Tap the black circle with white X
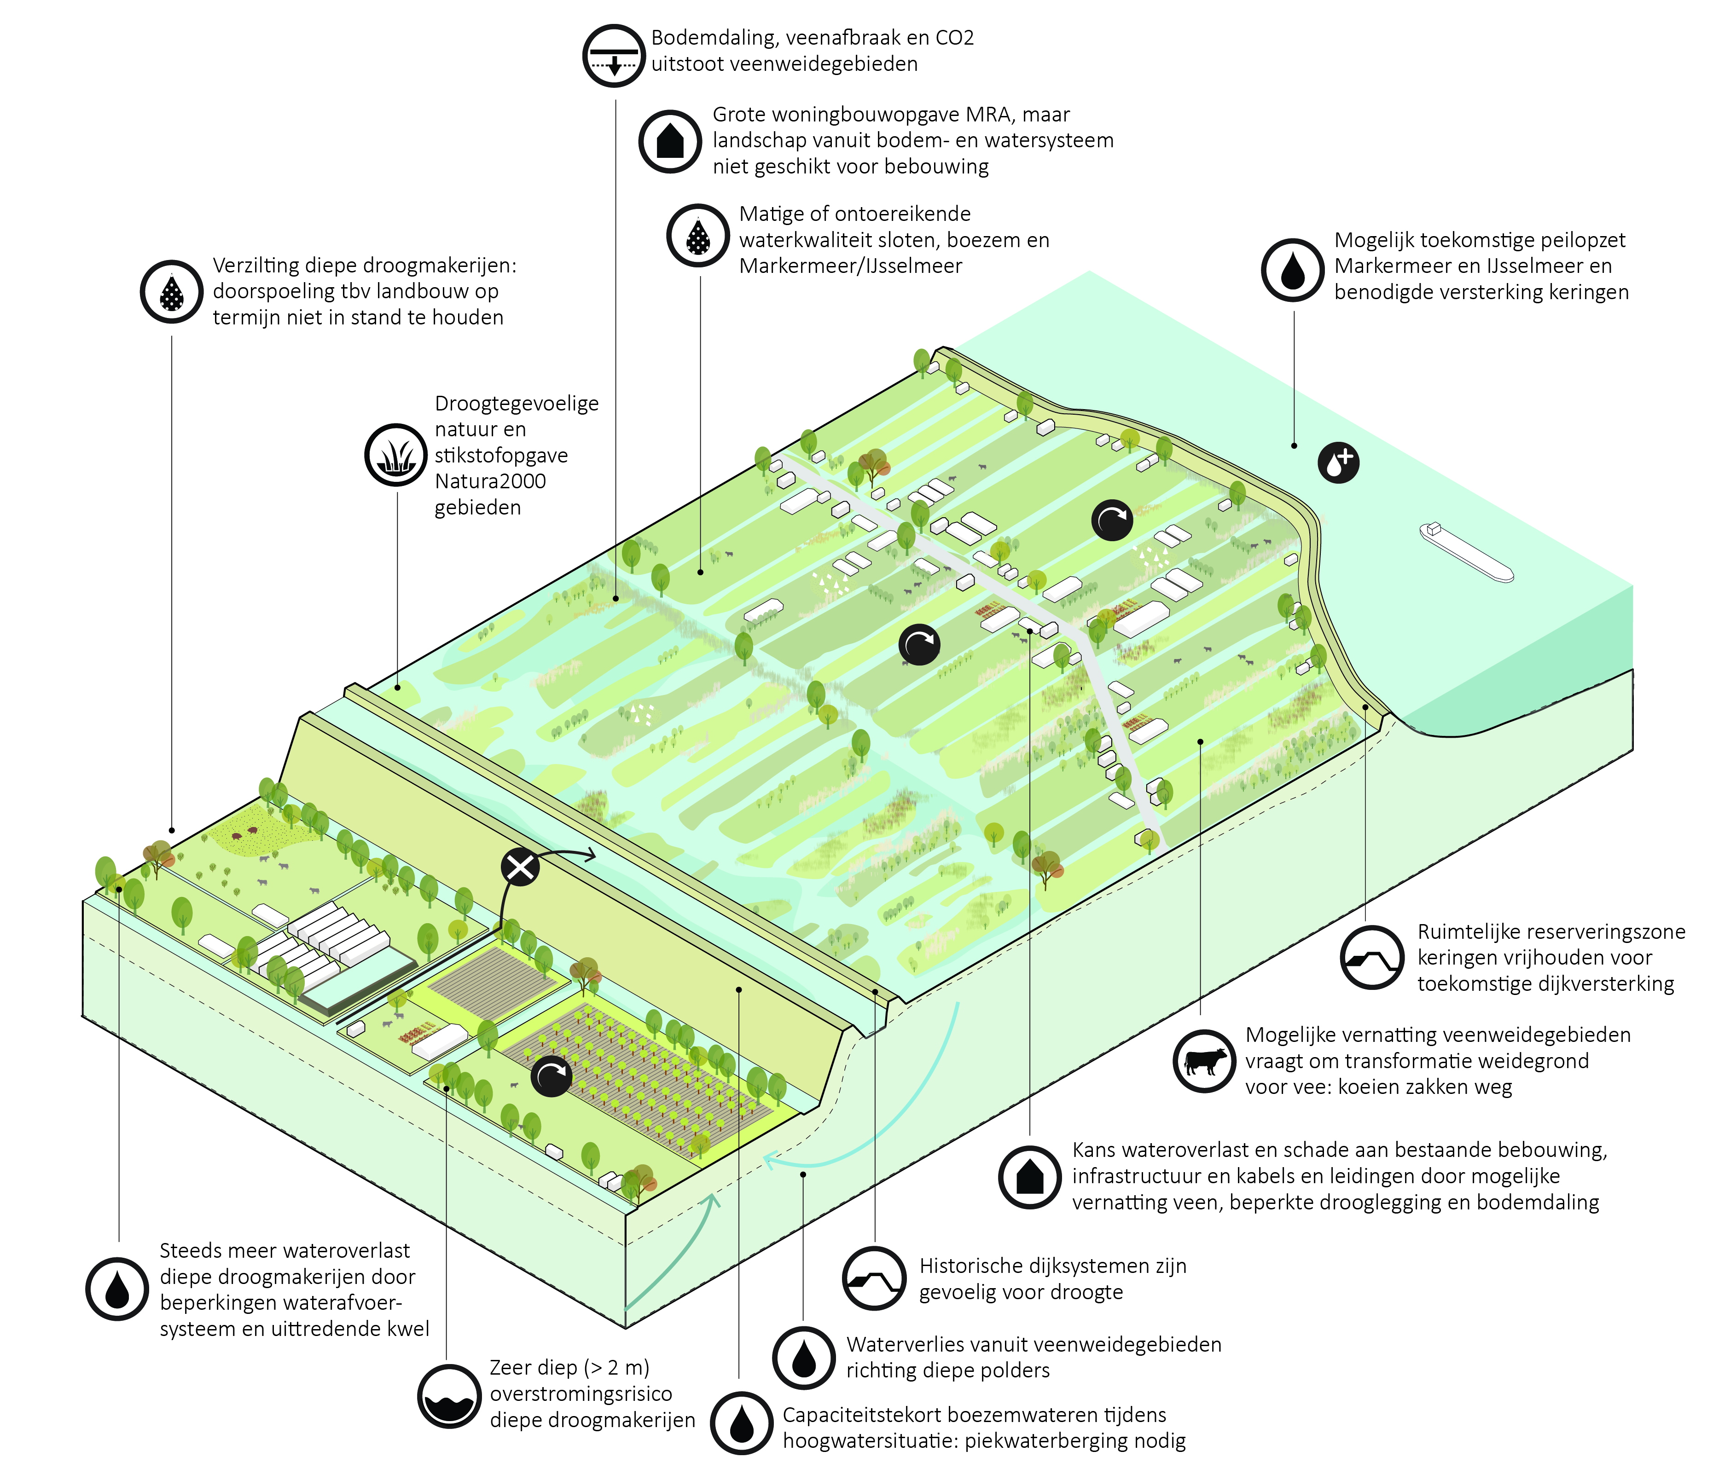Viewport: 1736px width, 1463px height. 520,867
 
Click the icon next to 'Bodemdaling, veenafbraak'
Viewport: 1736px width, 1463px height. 614,56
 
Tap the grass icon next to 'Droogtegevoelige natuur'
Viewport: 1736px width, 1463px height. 395,455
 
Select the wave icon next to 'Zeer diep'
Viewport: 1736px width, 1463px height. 449,1397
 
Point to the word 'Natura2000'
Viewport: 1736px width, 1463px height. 490,481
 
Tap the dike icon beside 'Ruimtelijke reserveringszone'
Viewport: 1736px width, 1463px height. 1372,958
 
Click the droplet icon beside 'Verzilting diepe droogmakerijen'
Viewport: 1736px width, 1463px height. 172,292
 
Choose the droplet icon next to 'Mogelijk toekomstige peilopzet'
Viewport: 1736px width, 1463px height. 1292,270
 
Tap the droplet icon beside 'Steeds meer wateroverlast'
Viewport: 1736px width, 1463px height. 117,1289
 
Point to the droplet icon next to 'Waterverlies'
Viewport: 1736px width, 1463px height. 803,1358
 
